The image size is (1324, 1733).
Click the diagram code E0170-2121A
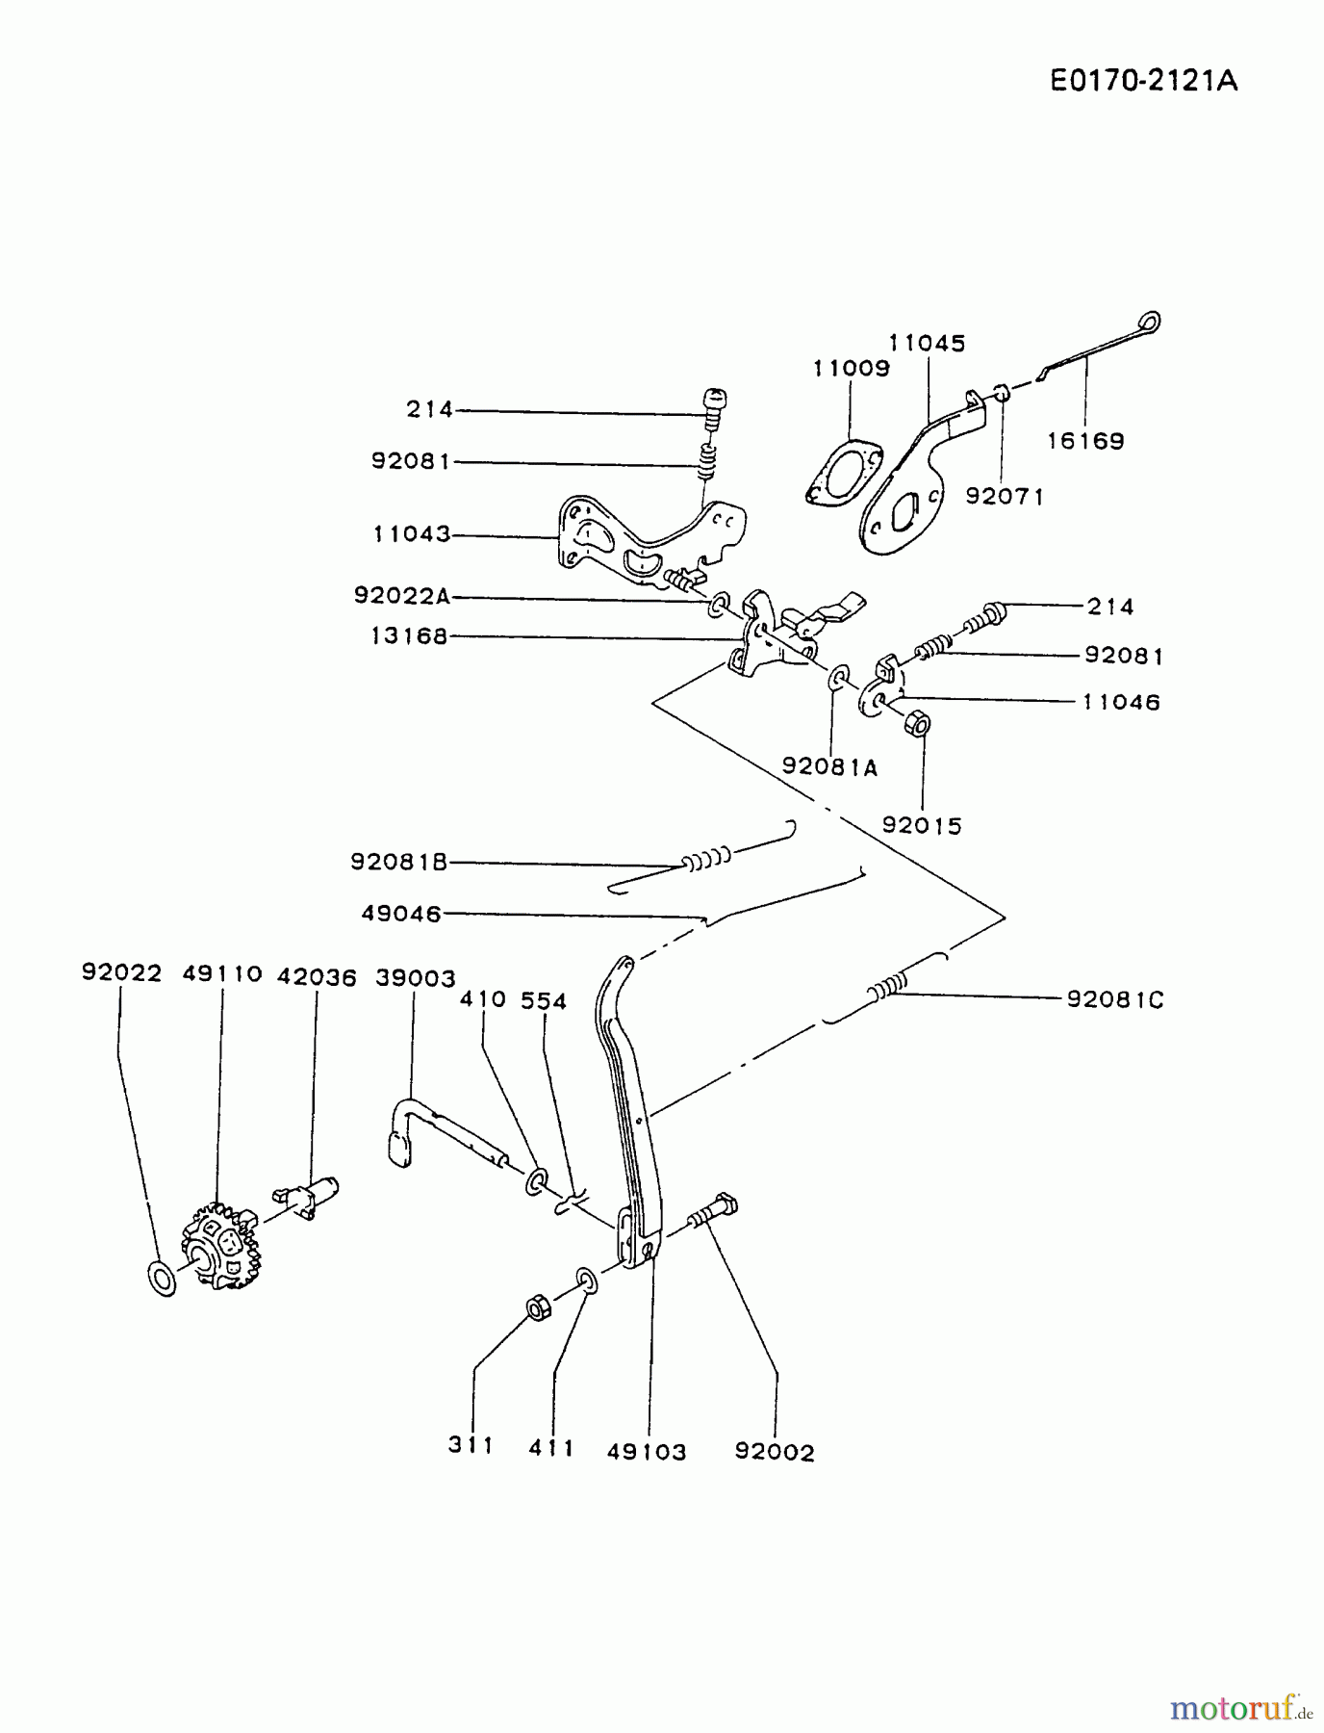[x=1143, y=81]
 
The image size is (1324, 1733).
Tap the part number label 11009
[x=851, y=368]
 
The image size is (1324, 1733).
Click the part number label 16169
[x=1085, y=441]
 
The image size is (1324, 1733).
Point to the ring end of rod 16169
[x=1149, y=322]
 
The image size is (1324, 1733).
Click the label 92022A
[x=402, y=596]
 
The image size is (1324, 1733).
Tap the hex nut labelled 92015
[x=918, y=722]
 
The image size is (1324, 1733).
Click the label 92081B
[x=399, y=863]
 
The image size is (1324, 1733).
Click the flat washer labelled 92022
[x=163, y=1279]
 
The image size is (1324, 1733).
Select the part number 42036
[x=317, y=977]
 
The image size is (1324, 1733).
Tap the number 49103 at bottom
[x=647, y=1452]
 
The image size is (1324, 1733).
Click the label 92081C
[x=1114, y=999]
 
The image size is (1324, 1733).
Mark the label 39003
[x=415, y=977]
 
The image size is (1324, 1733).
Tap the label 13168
[x=410, y=635]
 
